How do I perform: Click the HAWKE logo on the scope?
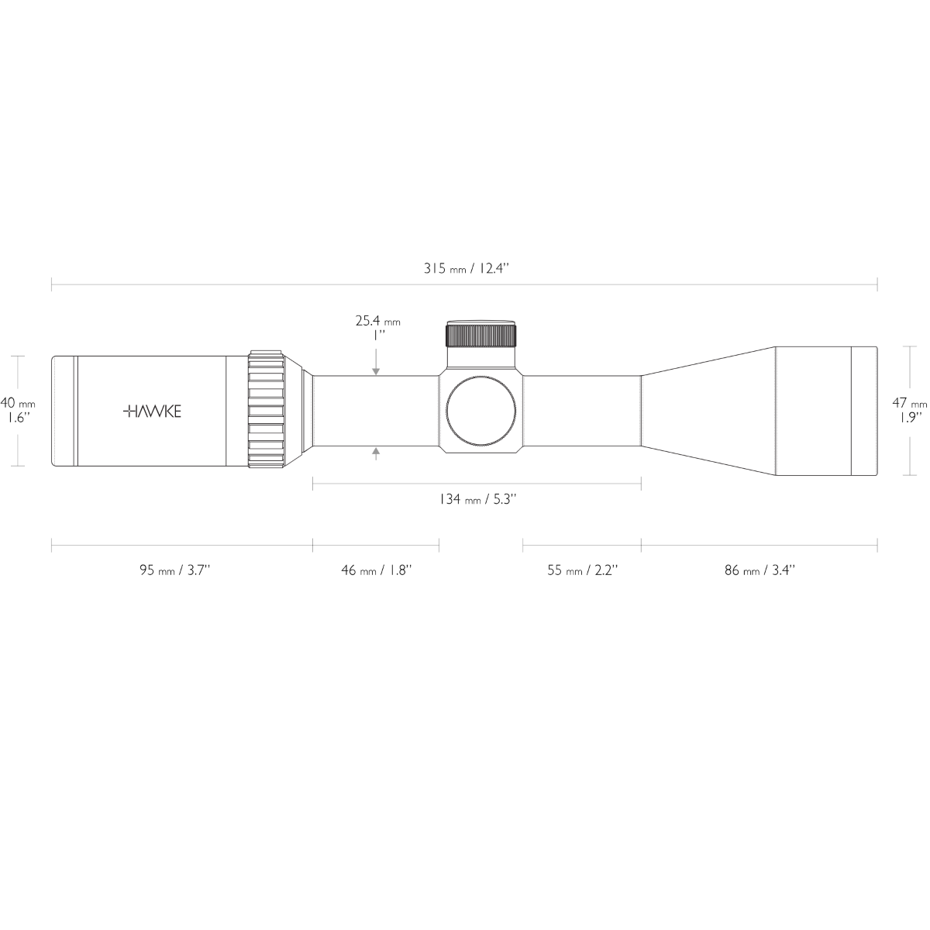[x=153, y=412]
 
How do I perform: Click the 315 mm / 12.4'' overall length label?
[x=465, y=268]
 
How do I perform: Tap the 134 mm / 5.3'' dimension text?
[x=477, y=500]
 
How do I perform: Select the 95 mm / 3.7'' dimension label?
[x=175, y=570]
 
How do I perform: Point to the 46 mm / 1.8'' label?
[x=376, y=570]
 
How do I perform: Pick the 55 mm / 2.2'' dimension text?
[x=582, y=570]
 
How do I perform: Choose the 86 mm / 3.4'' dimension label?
[x=759, y=570]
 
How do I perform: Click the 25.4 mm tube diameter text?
[x=377, y=322]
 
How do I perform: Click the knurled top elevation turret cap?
[x=480, y=335]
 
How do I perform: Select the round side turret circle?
[x=481, y=412]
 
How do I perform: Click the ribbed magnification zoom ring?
[x=266, y=412]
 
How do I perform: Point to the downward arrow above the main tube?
[x=376, y=370]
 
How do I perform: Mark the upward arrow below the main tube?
[x=376, y=453]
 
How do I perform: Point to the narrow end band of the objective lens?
[x=864, y=412]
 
